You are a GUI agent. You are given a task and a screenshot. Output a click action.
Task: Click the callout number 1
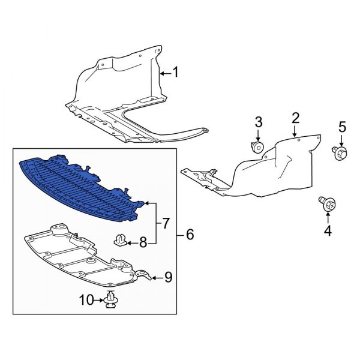click(x=175, y=73)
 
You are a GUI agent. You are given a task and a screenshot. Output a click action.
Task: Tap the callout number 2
click(x=295, y=117)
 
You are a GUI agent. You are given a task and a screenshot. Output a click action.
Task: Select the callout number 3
click(x=259, y=122)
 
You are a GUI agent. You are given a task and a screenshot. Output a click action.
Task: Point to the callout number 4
click(x=328, y=230)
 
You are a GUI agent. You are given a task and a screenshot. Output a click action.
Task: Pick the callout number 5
click(x=343, y=127)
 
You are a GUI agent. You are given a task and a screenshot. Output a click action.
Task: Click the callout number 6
click(x=190, y=235)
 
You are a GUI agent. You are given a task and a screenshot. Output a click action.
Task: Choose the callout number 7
click(x=166, y=224)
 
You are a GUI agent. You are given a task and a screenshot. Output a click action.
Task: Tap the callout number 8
click(x=143, y=243)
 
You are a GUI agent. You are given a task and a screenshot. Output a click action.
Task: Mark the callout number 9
click(x=168, y=277)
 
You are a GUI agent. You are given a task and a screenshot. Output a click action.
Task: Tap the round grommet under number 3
click(x=258, y=148)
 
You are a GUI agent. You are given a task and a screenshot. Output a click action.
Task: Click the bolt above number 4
click(x=328, y=205)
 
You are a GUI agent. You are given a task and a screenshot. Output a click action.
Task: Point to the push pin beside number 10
click(x=110, y=299)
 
